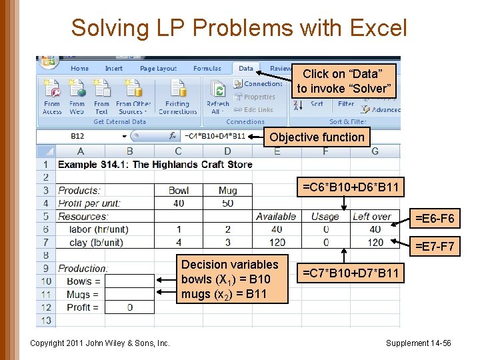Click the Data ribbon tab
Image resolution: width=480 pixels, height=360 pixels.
click(246, 68)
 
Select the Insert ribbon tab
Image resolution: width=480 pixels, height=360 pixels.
click(114, 69)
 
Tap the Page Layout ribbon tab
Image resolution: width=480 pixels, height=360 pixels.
click(159, 69)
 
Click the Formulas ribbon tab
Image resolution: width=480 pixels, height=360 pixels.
click(207, 69)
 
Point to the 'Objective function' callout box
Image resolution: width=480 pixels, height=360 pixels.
click(317, 137)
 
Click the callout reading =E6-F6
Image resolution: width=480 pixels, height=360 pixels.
click(435, 218)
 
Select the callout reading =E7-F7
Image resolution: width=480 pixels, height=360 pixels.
click(435, 247)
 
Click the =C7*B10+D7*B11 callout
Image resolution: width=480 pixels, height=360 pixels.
click(351, 273)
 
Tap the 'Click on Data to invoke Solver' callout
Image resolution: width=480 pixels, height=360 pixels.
click(343, 81)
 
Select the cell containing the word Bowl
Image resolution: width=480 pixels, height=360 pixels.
click(179, 191)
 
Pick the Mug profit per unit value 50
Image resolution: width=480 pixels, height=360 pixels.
click(227, 203)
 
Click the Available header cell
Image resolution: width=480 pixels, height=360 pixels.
click(276, 217)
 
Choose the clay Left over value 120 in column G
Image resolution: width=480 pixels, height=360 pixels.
click(375, 243)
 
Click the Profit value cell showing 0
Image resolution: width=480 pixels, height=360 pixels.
click(129, 307)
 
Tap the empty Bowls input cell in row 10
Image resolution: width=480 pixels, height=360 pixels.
click(129, 281)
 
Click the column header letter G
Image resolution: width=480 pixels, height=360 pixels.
click(375, 151)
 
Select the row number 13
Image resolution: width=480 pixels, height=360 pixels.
click(45, 321)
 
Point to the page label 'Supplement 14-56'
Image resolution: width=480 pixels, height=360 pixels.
click(418, 343)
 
